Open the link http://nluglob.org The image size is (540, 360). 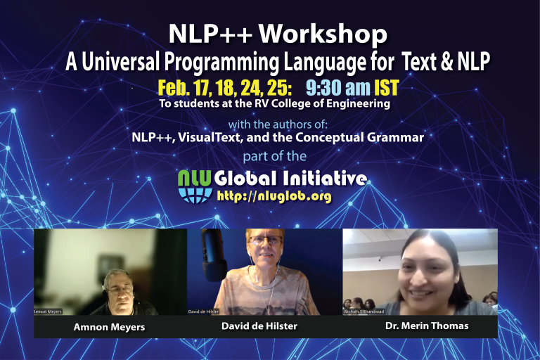274,196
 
